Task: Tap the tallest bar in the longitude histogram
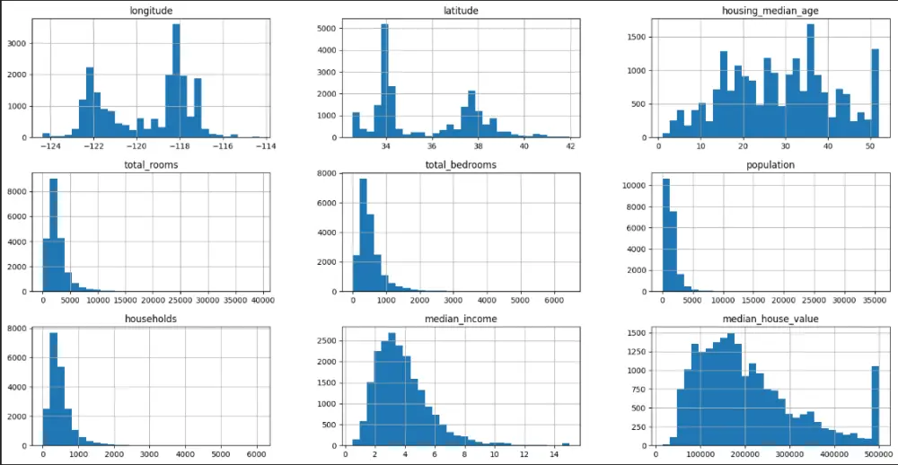point(176,81)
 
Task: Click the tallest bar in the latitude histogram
point(384,81)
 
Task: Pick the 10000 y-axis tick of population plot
point(639,185)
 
